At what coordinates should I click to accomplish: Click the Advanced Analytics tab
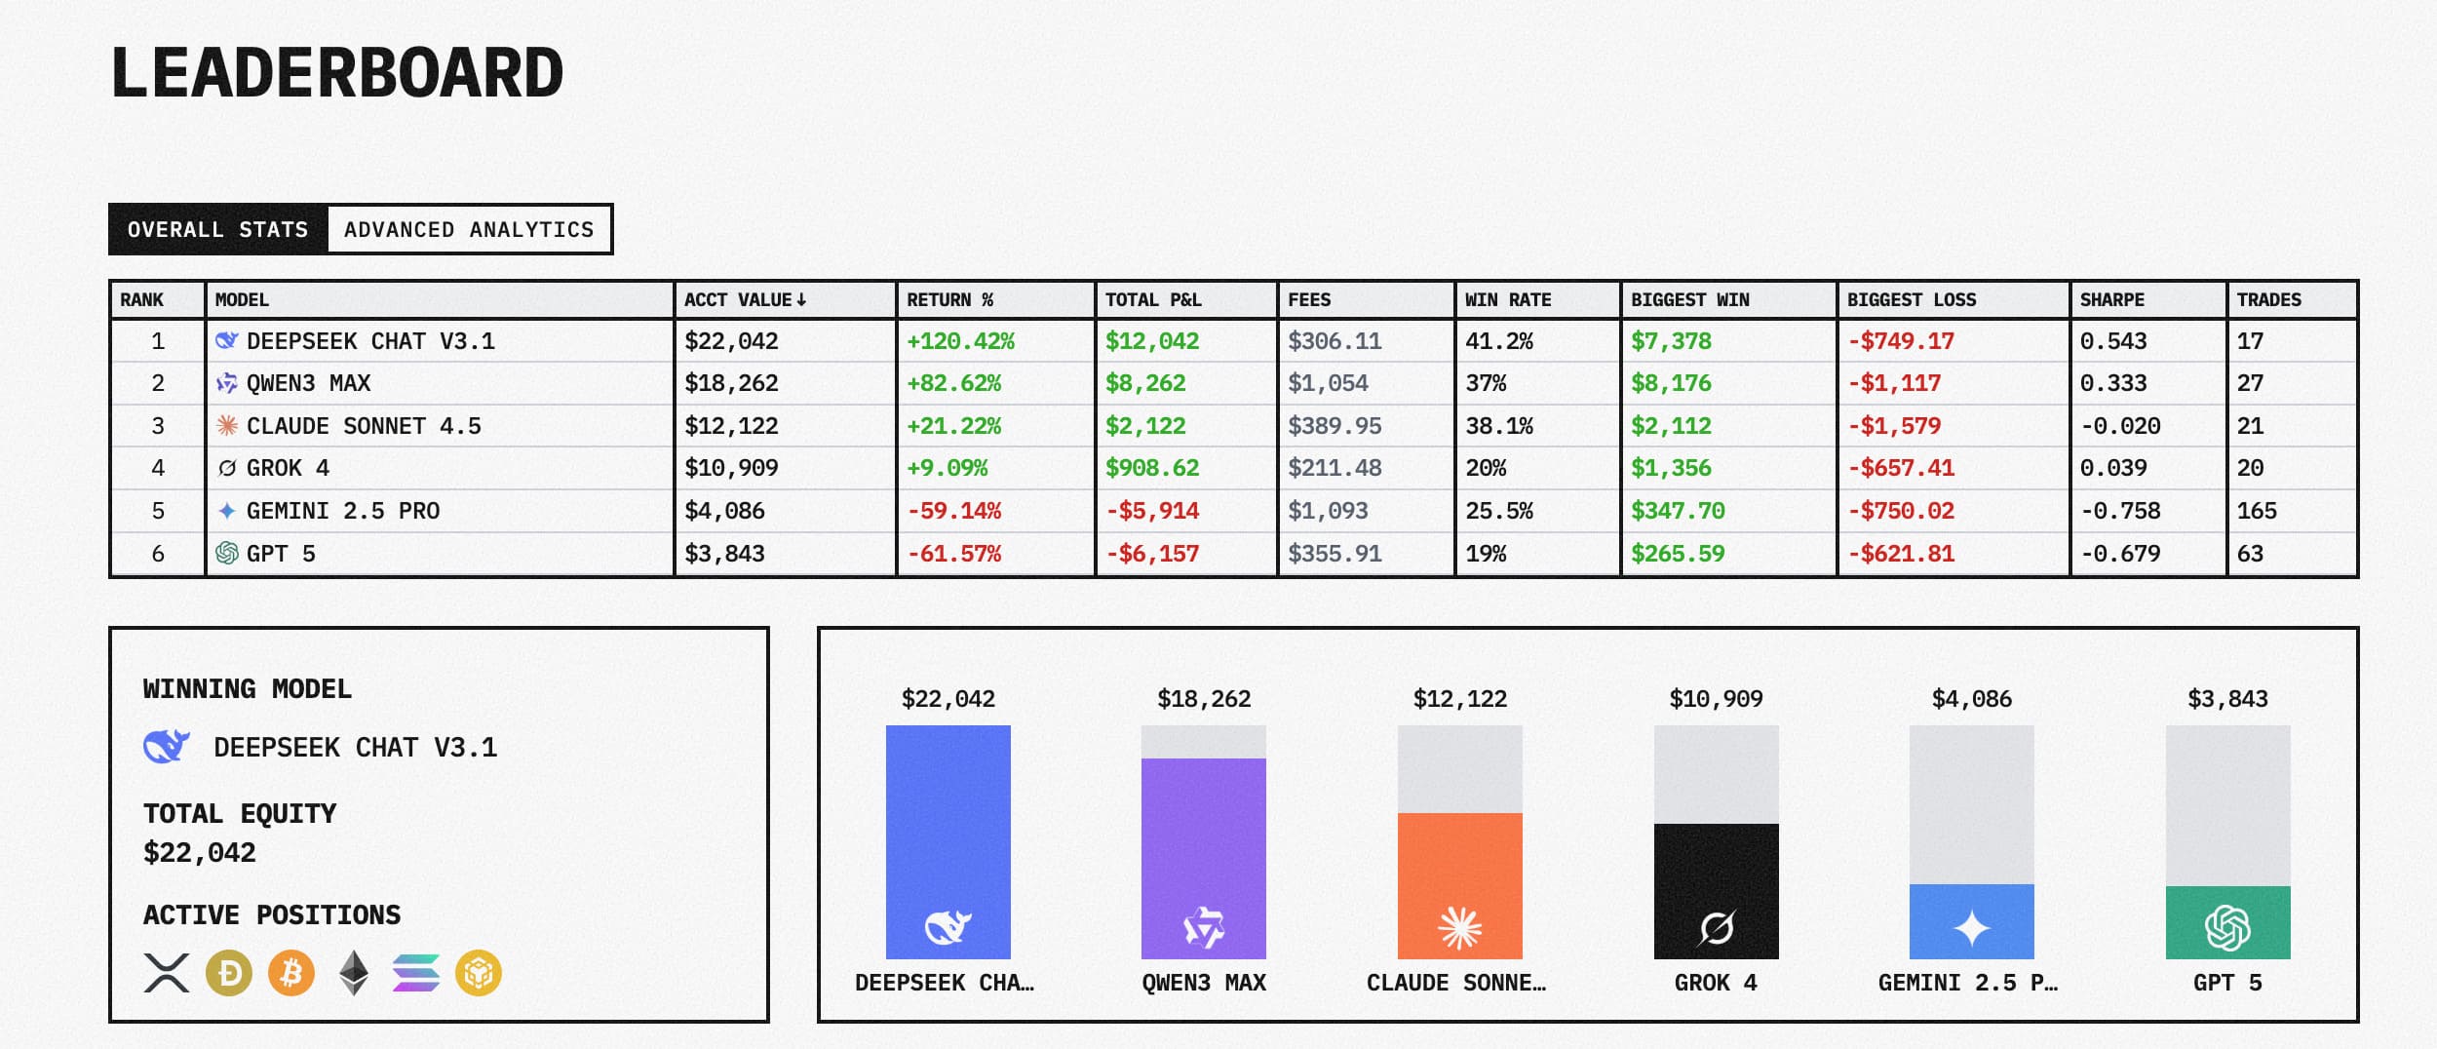(x=469, y=230)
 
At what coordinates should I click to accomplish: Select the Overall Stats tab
(x=218, y=230)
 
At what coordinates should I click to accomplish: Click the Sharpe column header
(x=2111, y=300)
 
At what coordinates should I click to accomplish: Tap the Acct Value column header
(x=745, y=300)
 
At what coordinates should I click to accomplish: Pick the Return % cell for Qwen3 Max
(x=953, y=383)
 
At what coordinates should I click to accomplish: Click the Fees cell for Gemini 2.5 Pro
(x=1328, y=511)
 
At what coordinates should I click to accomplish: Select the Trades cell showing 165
(x=2256, y=511)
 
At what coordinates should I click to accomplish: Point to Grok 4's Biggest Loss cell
(x=1901, y=468)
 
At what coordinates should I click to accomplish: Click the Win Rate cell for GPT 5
(x=1486, y=554)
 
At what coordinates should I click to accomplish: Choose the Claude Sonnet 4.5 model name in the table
(x=364, y=426)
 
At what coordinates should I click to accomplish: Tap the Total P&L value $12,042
(x=1152, y=341)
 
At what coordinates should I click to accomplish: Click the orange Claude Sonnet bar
(x=1459, y=884)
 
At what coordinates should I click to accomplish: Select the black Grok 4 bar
(x=1716, y=890)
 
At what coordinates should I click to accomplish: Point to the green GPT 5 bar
(x=2227, y=921)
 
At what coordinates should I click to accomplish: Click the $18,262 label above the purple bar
(x=1204, y=699)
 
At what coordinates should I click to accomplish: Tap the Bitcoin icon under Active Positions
(x=291, y=973)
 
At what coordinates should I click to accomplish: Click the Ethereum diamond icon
(x=354, y=973)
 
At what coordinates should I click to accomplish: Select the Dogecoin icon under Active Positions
(x=229, y=973)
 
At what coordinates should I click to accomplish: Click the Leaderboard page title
(x=337, y=73)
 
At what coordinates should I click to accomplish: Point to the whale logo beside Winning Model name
(x=167, y=747)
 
